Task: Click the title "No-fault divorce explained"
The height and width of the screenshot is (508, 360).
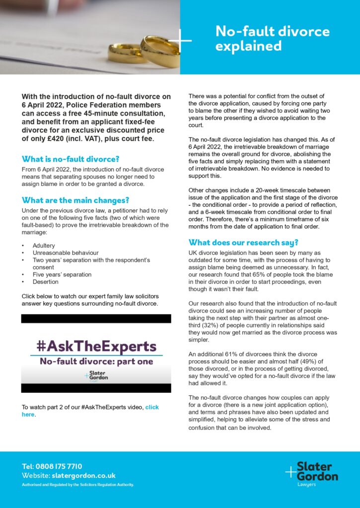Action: pos(272,39)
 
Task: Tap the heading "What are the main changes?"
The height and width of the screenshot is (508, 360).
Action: pos(75,200)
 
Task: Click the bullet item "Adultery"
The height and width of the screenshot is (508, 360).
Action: pos(44,246)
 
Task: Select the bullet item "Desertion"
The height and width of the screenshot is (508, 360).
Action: pos(45,282)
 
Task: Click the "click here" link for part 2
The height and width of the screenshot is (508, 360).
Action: pos(90,411)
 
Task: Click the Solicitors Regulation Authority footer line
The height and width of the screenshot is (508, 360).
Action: pos(78,485)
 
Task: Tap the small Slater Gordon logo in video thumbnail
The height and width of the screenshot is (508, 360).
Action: pos(96,377)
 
